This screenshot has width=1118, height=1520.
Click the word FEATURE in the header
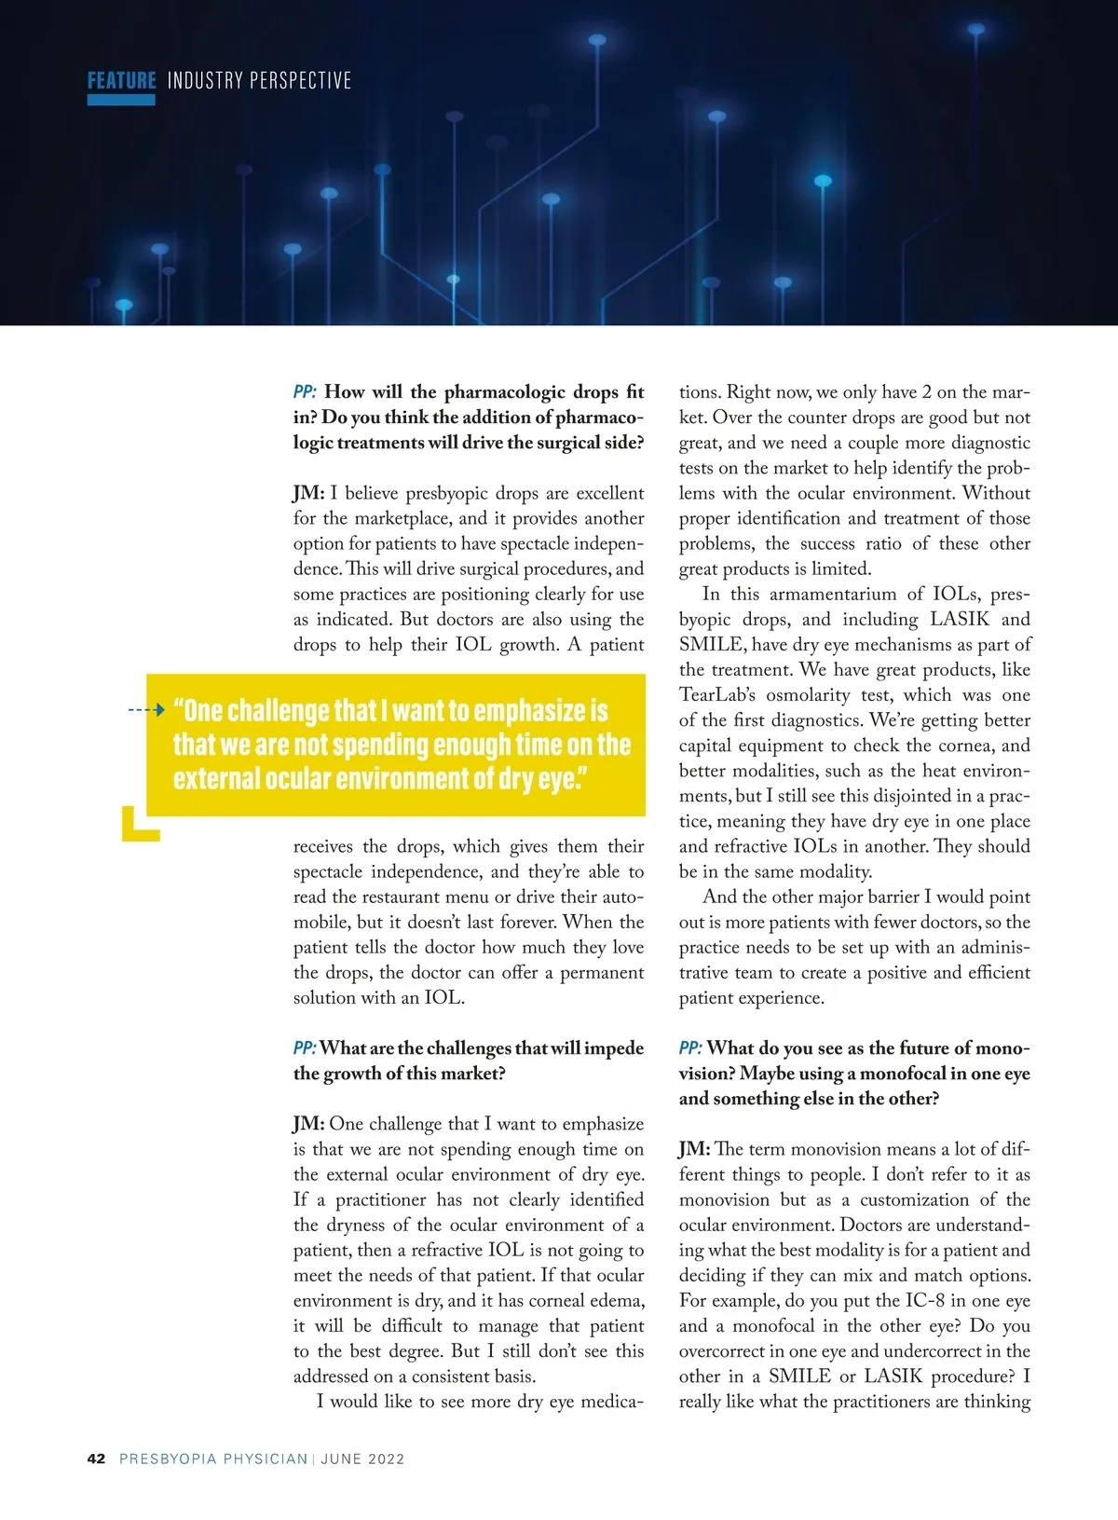tap(121, 80)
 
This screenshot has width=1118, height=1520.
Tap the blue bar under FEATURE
tap(121, 100)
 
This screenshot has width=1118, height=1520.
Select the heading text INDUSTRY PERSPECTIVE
tap(259, 80)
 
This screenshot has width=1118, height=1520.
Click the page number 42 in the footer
tap(96, 1458)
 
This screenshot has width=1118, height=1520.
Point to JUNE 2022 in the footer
tap(362, 1458)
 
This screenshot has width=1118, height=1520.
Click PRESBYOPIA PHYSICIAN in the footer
tap(213, 1458)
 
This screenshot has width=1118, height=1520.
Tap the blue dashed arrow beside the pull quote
tap(146, 710)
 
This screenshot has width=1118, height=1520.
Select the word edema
tap(617, 1301)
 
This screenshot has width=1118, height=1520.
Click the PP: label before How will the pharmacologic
tap(305, 392)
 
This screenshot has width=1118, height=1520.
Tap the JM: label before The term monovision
tap(694, 1150)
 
